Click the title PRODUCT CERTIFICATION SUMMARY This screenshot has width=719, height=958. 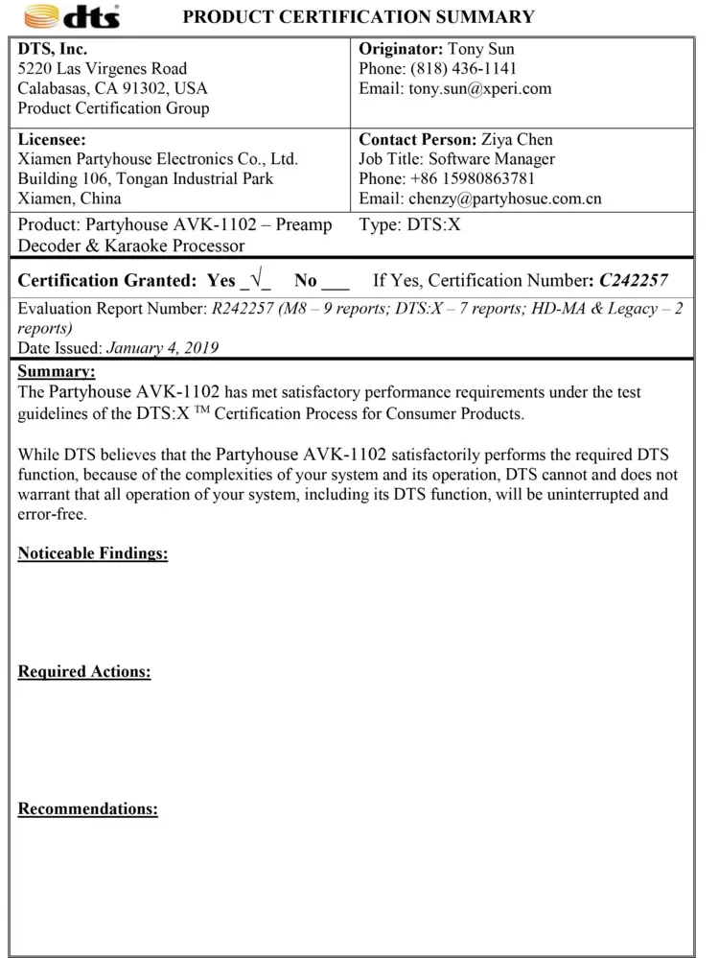[359, 16]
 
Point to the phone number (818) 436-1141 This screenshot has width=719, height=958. [464, 69]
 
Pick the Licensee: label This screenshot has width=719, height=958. [52, 139]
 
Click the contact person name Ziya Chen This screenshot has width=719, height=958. [517, 139]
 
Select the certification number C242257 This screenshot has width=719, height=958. [634, 281]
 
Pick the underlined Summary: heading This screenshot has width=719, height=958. [57, 371]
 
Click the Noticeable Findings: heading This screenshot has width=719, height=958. [93, 554]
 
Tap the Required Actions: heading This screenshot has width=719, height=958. [84, 672]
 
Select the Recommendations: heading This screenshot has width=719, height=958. [88, 809]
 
